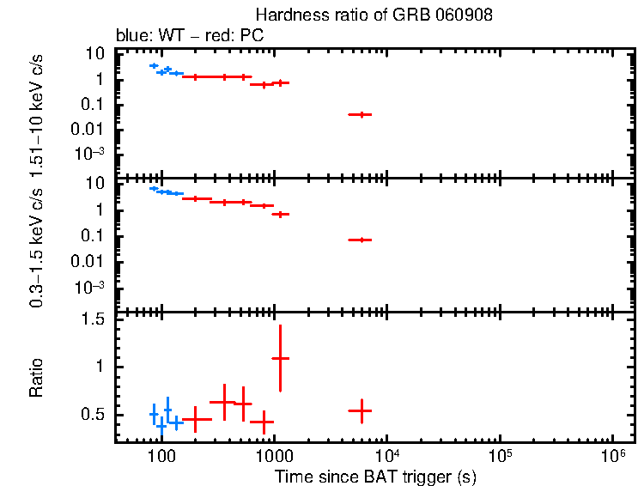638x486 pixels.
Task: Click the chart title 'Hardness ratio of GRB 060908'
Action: (x=374, y=16)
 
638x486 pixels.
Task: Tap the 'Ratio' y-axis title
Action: (x=36, y=378)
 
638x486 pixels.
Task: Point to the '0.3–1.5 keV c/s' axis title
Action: (x=36, y=245)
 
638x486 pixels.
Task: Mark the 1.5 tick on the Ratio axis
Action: (x=97, y=319)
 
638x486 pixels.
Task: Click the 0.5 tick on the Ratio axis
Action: (x=97, y=415)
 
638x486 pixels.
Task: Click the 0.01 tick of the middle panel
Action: (x=94, y=262)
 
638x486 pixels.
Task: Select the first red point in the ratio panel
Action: (x=197, y=419)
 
